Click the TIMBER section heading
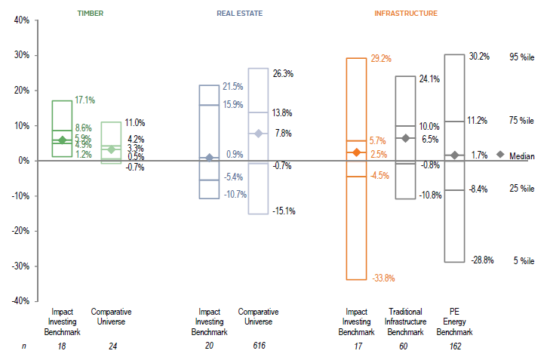91,13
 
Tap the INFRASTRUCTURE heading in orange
405,13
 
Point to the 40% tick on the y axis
21,20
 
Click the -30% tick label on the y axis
20,266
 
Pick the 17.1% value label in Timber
84,100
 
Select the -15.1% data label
283,211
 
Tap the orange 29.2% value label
380,58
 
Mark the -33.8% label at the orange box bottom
382,278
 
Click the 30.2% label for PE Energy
479,56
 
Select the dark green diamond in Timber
62,140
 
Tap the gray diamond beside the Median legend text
499,155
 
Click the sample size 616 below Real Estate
258,346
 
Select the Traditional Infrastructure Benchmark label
405,322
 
